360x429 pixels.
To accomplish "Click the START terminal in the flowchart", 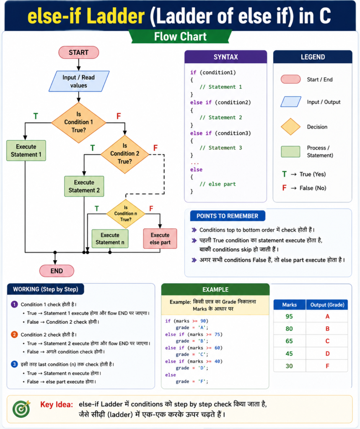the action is [x=78, y=52].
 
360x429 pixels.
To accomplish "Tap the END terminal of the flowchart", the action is [x=57, y=271].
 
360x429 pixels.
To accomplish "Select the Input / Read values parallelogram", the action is [x=79, y=81].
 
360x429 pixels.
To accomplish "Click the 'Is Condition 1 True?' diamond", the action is [x=78, y=122].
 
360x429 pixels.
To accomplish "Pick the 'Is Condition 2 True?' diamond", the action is [x=125, y=154].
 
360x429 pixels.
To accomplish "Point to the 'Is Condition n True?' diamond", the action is [x=126, y=214].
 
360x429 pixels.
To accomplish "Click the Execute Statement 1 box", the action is [x=26, y=150].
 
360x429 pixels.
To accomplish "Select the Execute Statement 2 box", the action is [x=84, y=186].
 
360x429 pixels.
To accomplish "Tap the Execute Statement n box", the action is [x=110, y=238].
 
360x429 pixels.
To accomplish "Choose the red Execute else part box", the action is [x=160, y=238].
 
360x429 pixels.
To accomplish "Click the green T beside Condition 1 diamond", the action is [x=36, y=116].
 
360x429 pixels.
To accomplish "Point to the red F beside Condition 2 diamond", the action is [x=155, y=148].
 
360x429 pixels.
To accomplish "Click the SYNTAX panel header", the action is [x=225, y=57].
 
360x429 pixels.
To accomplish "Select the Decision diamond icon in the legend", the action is [x=290, y=127].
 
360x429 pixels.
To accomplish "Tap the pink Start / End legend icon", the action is [x=290, y=79].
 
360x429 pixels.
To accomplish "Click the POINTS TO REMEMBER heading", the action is [x=227, y=216].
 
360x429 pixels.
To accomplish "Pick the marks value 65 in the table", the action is [x=289, y=341].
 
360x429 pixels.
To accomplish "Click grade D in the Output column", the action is [x=327, y=354].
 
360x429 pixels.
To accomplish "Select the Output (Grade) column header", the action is [x=327, y=305].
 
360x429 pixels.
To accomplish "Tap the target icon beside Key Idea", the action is [x=21, y=409].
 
